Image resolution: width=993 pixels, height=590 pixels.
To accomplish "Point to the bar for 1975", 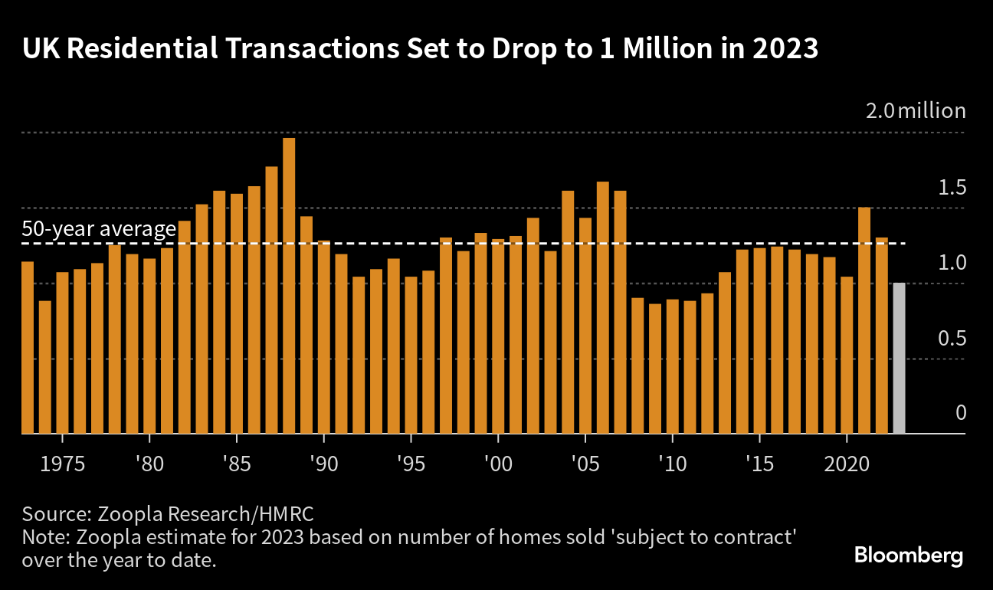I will [x=62, y=352].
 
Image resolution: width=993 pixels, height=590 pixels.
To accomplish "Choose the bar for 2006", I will [x=602, y=307].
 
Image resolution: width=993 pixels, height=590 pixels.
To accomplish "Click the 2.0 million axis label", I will [x=916, y=111].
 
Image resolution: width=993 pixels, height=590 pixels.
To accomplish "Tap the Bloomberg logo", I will [x=909, y=556].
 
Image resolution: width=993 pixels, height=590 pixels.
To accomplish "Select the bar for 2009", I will [x=655, y=369].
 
